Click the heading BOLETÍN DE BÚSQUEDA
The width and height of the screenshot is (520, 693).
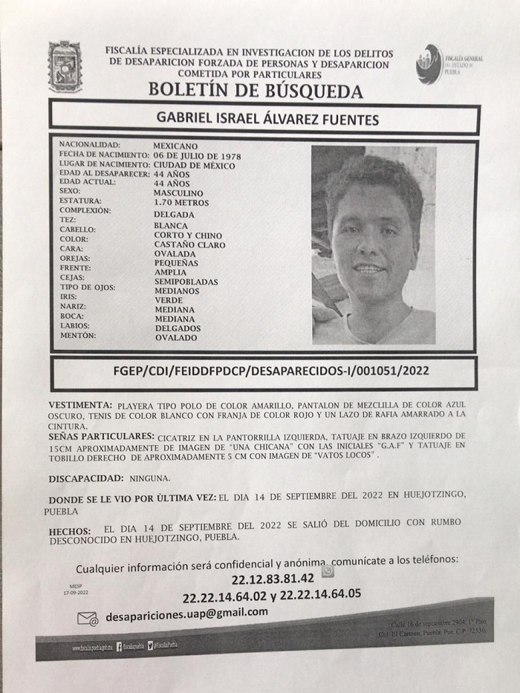[x=256, y=91]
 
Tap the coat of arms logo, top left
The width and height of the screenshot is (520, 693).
[x=65, y=67]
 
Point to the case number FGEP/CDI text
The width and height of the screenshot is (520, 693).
[x=266, y=369]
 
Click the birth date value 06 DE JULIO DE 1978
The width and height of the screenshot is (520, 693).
[x=196, y=155]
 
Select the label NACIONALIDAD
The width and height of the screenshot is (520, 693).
[x=89, y=146]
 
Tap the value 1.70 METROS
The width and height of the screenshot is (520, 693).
[x=181, y=202]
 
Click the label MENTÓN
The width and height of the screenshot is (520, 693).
[x=77, y=336]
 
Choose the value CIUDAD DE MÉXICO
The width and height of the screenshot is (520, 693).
[x=194, y=165]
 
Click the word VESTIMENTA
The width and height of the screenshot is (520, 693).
[x=80, y=406]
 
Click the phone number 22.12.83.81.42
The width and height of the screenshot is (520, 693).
[x=268, y=578]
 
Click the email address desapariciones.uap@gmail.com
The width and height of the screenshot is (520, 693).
[x=186, y=614]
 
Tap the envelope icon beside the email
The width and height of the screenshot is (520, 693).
[x=87, y=618]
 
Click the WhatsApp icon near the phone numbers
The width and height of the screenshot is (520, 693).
[x=327, y=570]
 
